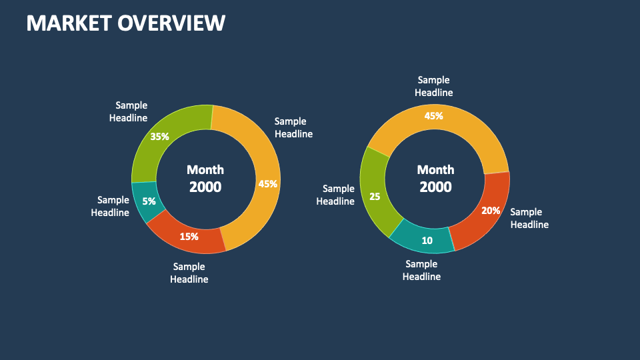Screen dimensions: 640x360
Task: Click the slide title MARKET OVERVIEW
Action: (126, 23)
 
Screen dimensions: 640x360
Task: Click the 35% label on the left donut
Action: (159, 136)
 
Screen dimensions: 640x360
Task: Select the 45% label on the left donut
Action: (268, 184)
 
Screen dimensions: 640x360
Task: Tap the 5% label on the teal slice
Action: (149, 201)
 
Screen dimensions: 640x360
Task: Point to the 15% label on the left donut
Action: (189, 236)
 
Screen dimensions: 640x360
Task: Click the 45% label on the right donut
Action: (433, 116)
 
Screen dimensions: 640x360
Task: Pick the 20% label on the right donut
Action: (491, 211)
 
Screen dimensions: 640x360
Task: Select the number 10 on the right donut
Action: (427, 241)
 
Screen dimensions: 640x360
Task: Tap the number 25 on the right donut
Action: (375, 196)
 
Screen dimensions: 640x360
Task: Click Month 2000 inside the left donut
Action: (205, 179)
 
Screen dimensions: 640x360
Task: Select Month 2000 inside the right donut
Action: (435, 179)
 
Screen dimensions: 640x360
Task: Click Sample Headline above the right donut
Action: (433, 86)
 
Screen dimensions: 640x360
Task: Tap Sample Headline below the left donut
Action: (189, 273)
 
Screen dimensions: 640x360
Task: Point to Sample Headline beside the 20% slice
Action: (529, 218)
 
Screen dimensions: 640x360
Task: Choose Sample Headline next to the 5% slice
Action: (110, 206)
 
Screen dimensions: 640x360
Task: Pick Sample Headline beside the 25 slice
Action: (335, 195)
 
